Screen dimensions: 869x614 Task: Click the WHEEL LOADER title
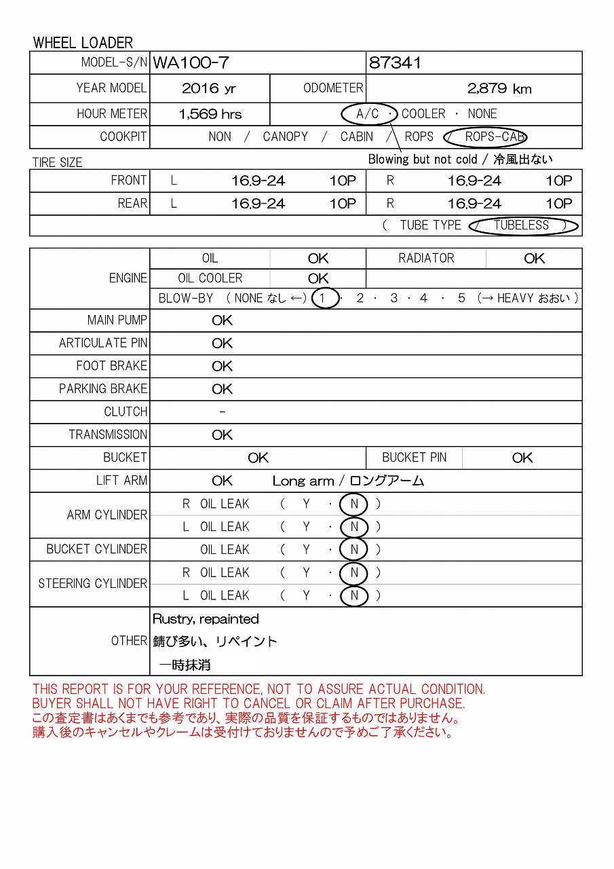[83, 42]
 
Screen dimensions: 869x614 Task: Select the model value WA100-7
[191, 63]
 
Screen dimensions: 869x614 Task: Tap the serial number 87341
[395, 63]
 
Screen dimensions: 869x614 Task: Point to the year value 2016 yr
[209, 88]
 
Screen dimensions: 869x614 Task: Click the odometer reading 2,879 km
[499, 88]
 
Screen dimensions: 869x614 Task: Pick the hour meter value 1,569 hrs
[210, 114]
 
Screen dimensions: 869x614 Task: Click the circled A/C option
[368, 113]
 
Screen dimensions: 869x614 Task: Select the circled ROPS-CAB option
[495, 136]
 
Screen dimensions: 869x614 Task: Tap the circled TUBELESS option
[522, 225]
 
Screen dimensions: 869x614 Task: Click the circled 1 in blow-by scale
[325, 298]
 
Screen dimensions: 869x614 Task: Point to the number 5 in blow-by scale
[461, 298]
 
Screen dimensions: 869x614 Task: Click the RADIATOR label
[426, 258]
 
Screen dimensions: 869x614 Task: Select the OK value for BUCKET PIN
[522, 458]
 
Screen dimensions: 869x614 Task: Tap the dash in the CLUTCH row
[223, 412]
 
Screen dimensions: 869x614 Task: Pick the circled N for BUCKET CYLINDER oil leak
[354, 549]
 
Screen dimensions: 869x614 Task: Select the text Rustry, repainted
[206, 618]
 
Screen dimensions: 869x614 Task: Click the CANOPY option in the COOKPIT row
[285, 136]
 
